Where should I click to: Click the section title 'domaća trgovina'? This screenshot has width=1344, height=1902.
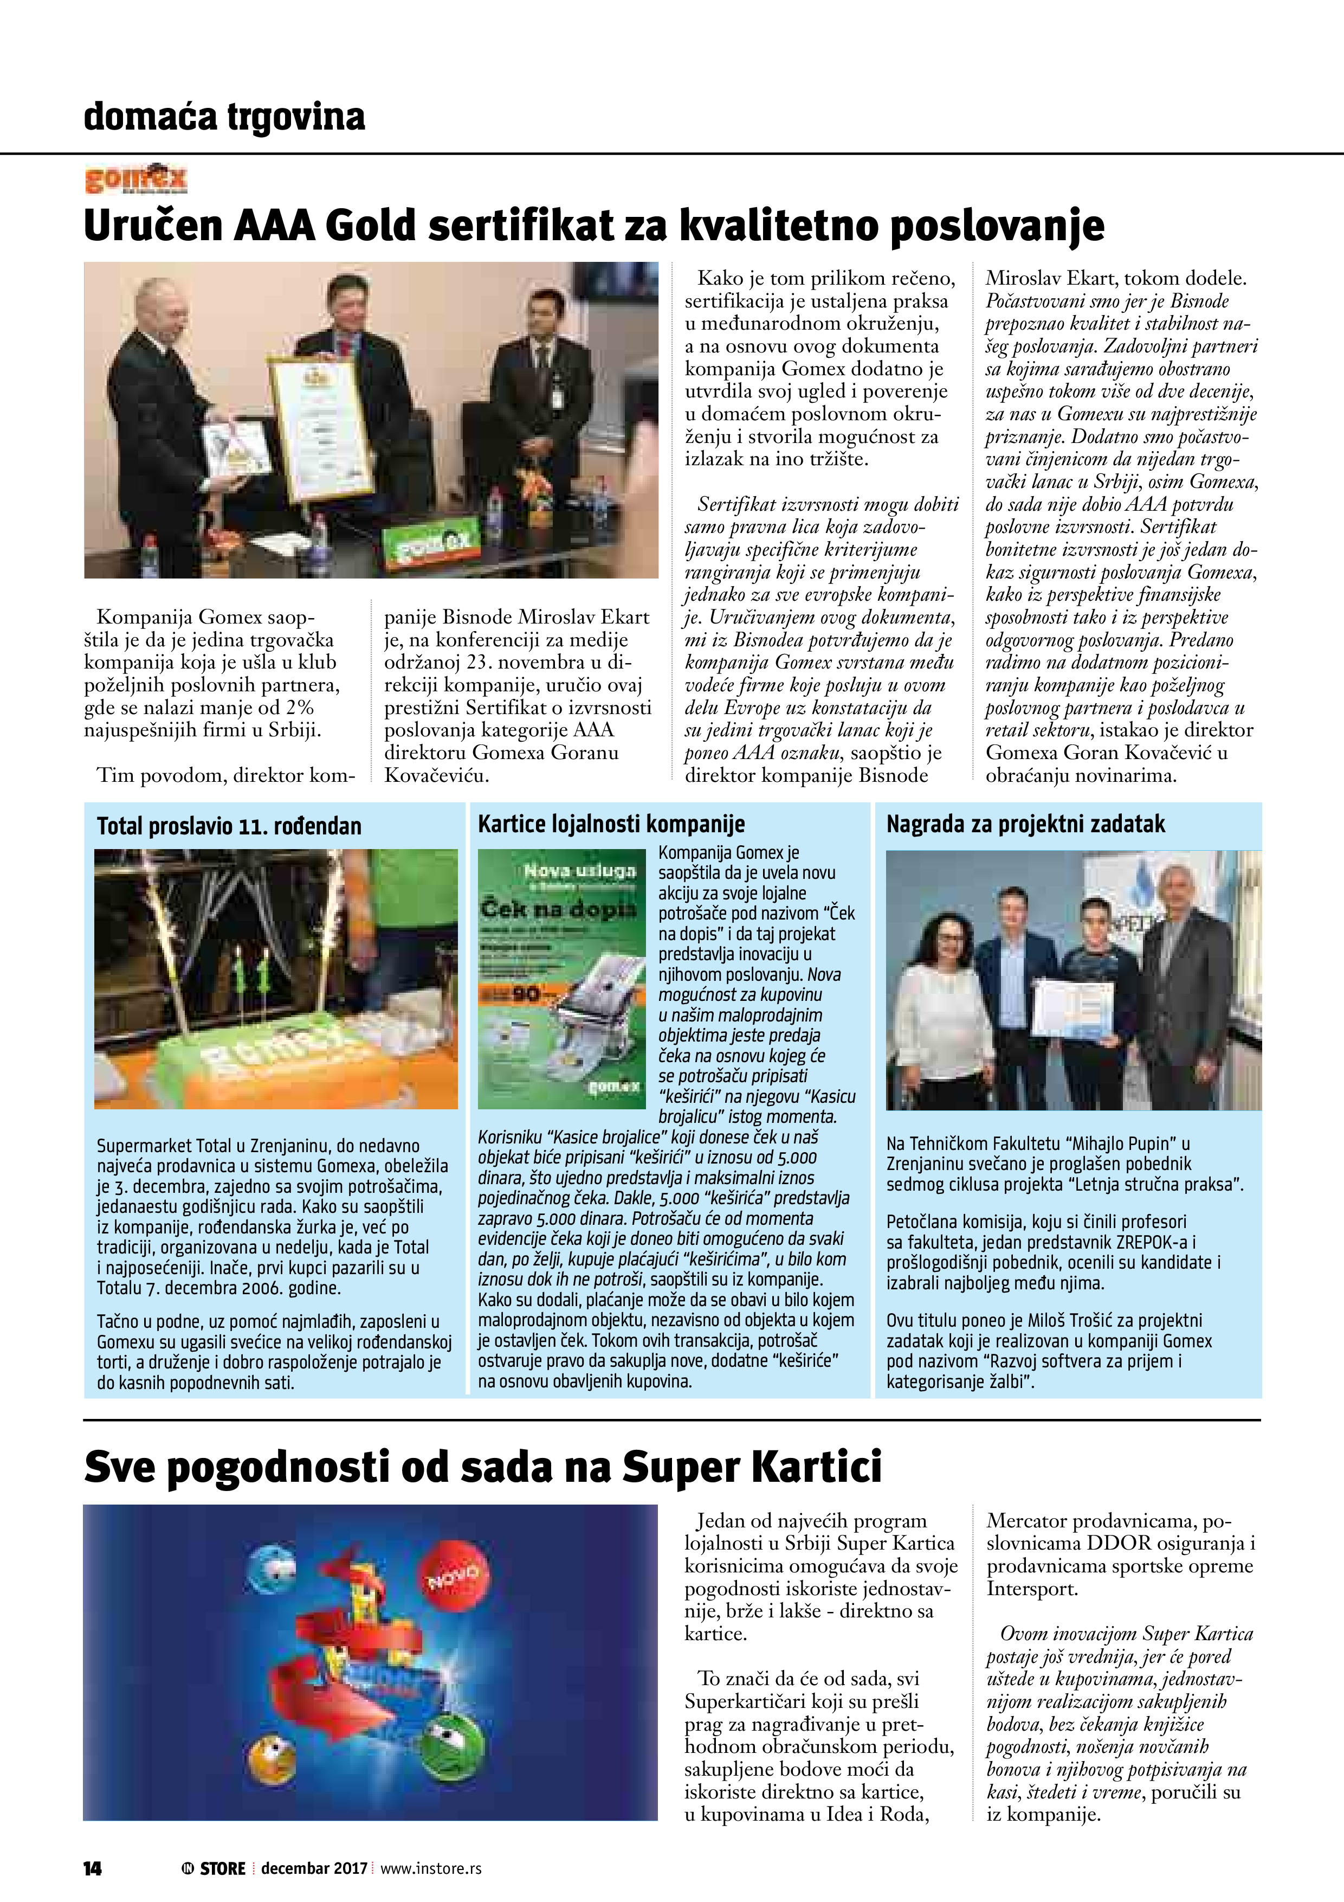point(224,117)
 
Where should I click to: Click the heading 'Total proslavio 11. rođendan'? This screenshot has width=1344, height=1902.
point(229,826)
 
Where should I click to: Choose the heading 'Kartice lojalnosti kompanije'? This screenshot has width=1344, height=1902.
point(611,824)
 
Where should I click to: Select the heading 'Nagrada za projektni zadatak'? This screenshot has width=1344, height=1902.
point(1025,824)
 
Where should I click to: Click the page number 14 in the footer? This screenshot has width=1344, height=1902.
point(93,1868)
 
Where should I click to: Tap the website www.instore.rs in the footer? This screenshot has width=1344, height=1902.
point(431,1868)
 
